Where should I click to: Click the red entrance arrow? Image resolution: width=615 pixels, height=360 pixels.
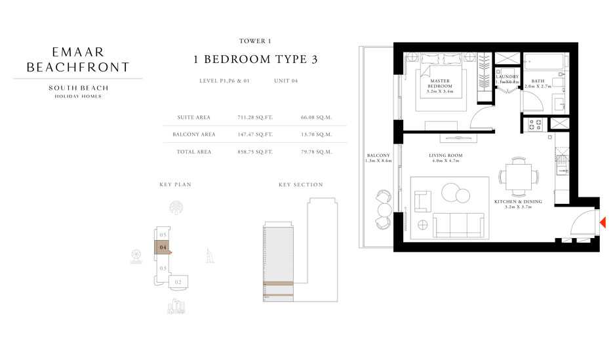[x=603, y=223]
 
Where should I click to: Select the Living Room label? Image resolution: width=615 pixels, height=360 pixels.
[x=446, y=158]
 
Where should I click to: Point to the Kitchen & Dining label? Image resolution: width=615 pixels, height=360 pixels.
[x=518, y=204]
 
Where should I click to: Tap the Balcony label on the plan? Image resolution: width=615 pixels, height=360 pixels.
[x=379, y=158]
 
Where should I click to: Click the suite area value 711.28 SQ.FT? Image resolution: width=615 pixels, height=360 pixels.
[x=255, y=117]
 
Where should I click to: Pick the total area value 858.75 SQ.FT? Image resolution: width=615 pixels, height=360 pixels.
[x=255, y=151]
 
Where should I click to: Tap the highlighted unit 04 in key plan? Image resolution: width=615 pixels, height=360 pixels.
[x=163, y=247]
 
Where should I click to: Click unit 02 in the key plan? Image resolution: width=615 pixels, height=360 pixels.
[x=178, y=282]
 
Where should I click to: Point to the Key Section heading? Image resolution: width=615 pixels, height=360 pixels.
[x=301, y=185]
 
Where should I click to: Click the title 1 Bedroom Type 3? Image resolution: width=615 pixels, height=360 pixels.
[x=256, y=60]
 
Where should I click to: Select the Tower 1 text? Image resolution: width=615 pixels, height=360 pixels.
[x=256, y=41]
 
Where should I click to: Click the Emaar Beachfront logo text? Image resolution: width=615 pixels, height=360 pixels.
[x=78, y=58]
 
